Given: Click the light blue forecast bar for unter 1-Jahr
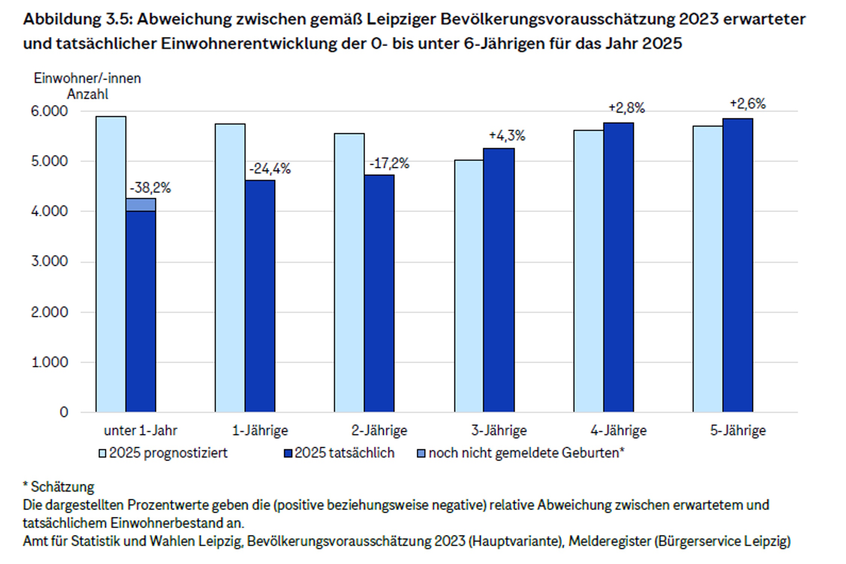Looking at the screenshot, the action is tap(111, 264).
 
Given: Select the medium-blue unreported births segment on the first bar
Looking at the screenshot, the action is tap(141, 205).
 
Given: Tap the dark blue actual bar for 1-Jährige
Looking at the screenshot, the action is tap(260, 296).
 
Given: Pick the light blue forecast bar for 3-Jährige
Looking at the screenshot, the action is tap(469, 286).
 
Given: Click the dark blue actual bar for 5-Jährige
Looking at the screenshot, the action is tap(738, 265).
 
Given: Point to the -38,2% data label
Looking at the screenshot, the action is tap(150, 187).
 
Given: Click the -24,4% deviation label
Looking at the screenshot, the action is tap(270, 168).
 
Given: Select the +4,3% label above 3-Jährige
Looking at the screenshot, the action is tap(507, 135).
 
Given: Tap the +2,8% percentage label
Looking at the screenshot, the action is tap(626, 108).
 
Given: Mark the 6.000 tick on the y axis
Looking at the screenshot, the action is tap(49, 111).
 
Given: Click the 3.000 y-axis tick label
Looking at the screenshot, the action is tap(49, 261).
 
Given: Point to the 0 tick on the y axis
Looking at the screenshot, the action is tap(64, 412).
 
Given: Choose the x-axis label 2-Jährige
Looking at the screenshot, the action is tap(379, 431).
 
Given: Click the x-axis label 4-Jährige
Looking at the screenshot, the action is tap(619, 431).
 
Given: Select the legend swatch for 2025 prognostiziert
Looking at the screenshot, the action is tap(102, 453).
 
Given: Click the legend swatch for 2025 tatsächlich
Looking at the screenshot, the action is tap(288, 453).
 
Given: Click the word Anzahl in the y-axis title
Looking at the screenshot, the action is tap(88, 94).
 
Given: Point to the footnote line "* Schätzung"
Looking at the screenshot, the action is tap(59, 487).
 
